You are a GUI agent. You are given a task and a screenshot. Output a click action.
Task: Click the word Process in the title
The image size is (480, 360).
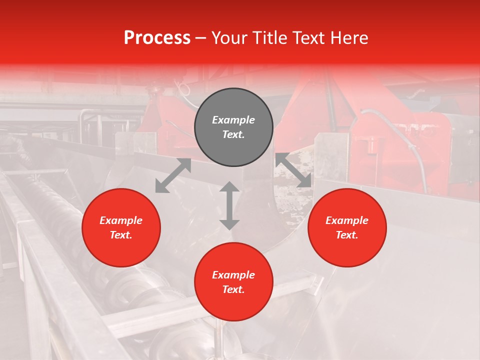coord(157,38)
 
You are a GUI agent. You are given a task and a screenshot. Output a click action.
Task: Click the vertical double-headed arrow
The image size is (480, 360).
coord(229,205)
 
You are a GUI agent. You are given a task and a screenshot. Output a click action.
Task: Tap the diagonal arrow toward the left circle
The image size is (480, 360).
coord(173,175)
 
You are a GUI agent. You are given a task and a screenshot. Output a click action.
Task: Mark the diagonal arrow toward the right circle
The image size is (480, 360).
coord(293,170)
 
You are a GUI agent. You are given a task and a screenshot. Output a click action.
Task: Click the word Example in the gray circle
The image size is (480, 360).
coord(233,120)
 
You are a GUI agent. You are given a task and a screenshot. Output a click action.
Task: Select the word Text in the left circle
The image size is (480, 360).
coord(121,235)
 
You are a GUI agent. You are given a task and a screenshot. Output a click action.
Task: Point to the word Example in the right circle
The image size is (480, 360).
coord(347,220)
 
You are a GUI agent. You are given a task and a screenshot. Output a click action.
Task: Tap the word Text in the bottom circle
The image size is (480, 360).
coord(233,289)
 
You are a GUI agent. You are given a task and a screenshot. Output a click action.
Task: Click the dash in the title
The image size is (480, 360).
coord(200,38)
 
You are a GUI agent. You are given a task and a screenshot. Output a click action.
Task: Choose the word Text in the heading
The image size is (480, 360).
coord(308,38)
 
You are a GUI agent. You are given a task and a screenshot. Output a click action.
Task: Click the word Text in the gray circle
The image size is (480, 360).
coord(233,134)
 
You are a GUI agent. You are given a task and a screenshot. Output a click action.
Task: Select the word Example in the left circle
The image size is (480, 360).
coord(121,220)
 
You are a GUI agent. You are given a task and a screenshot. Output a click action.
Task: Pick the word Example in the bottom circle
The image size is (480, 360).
coord(233,275)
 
